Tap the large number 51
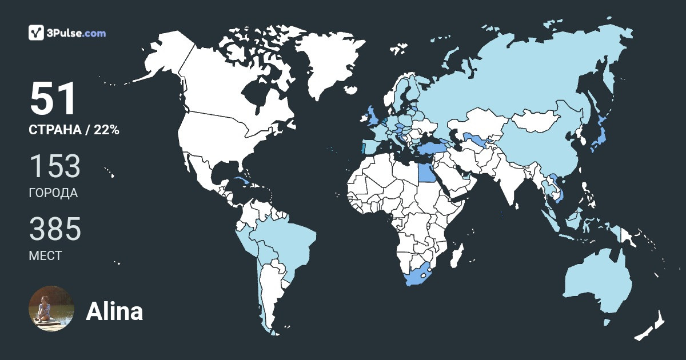(53, 99)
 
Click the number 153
(54, 166)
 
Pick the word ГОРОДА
(53, 193)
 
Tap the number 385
(55, 229)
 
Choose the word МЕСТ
(45, 256)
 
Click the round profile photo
(51, 309)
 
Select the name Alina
(114, 311)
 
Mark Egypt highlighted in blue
(426, 171)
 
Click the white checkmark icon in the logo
(37, 33)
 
